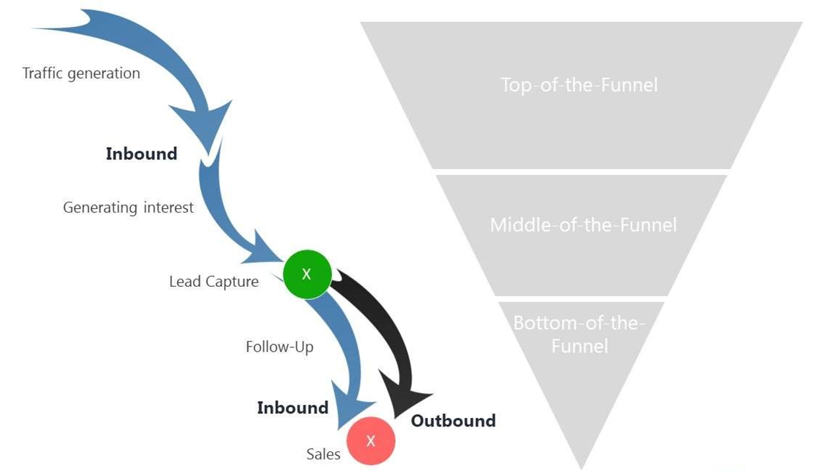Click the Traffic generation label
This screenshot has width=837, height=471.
coord(81,74)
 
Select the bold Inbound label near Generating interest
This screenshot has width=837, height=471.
coord(141,154)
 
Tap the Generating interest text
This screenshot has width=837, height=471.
coord(128,207)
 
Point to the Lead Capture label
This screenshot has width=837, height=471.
coord(213,282)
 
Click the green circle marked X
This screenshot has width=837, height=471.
coord(306,274)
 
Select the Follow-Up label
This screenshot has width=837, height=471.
coord(279,347)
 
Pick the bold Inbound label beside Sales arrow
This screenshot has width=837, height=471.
coord(293,408)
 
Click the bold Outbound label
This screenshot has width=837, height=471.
coord(453,421)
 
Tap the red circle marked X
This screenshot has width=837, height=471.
coord(370,440)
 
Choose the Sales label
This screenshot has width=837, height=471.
coord(323,454)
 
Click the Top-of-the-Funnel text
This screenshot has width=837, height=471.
coord(579,85)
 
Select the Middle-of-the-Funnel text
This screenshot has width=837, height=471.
coord(583,224)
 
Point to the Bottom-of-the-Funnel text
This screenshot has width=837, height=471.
coord(579,333)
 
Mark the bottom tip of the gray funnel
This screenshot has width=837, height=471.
coord(582,466)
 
